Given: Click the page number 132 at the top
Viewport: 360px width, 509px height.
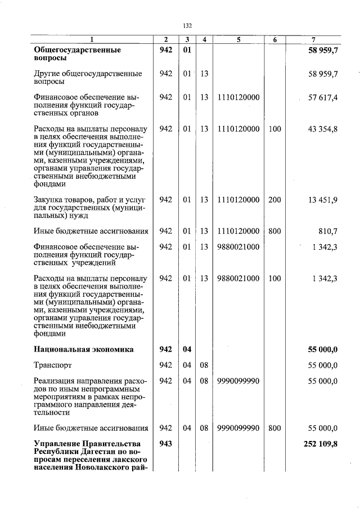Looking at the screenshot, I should (x=187, y=25).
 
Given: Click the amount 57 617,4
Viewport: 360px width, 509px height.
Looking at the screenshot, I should (x=323, y=98).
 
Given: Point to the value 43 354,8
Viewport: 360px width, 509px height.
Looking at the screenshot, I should (x=323, y=129).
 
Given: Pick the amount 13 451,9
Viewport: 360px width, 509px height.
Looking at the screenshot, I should (x=323, y=200).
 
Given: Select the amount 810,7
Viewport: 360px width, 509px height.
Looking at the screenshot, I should (x=328, y=231).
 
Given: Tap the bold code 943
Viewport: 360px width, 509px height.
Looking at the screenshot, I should (x=165, y=444).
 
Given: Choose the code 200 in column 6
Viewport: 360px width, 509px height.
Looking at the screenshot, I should (x=274, y=200).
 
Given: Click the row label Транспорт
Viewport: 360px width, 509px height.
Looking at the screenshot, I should (x=53, y=366).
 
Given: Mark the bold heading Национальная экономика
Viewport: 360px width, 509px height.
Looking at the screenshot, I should (x=84, y=349).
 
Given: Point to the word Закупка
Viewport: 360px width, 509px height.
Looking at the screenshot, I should (x=49, y=200).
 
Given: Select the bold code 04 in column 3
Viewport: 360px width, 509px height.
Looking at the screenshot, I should (x=187, y=349).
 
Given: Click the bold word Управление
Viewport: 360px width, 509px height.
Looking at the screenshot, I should (x=58, y=444).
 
